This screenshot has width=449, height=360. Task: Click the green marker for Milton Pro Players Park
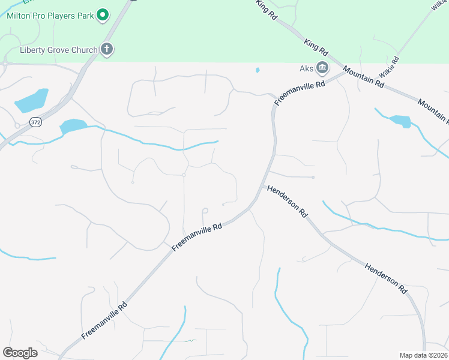[102, 15]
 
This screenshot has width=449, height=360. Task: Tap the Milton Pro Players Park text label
[50, 16]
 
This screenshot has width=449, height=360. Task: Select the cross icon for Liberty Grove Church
[107, 49]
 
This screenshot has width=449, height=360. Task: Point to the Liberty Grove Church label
[59, 50]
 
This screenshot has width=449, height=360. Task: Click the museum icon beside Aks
[322, 67]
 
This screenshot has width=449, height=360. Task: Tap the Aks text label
[307, 68]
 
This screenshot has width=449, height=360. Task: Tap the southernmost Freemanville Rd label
[106, 319]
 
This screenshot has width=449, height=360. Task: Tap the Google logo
[20, 352]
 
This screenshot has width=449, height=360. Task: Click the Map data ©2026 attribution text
[423, 355]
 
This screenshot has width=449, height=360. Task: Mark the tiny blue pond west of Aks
[258, 70]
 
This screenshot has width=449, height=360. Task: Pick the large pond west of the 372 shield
[32, 100]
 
